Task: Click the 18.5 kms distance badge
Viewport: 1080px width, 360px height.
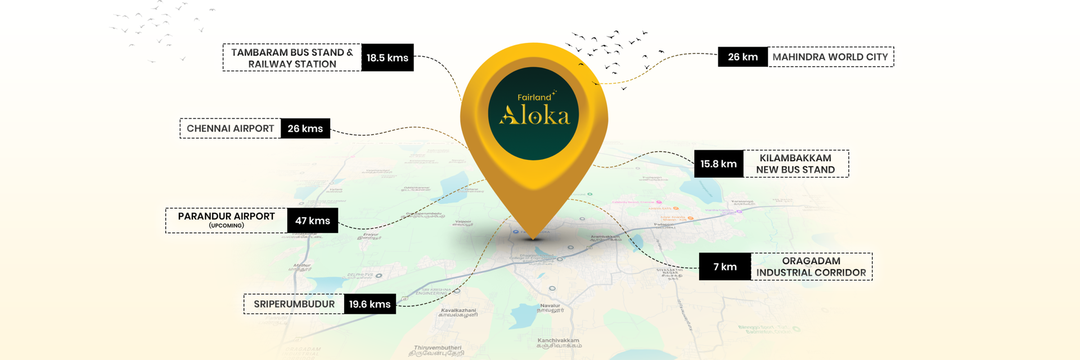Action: (x=387, y=57)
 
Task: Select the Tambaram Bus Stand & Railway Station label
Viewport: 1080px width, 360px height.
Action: (x=292, y=58)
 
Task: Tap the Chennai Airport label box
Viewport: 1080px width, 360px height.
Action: (x=230, y=128)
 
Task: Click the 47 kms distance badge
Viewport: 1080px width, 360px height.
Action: (x=312, y=220)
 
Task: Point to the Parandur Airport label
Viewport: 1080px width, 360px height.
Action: (x=226, y=217)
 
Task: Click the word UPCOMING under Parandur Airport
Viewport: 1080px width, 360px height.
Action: (x=226, y=226)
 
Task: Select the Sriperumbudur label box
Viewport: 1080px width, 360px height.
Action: (x=294, y=304)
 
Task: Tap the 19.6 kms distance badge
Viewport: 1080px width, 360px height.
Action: (x=370, y=304)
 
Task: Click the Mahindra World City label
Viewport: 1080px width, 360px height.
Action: (x=830, y=57)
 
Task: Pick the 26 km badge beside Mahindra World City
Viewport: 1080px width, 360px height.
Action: (x=742, y=57)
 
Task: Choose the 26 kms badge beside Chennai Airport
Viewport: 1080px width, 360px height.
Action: (x=305, y=128)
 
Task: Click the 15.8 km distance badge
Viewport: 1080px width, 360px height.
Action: (x=718, y=164)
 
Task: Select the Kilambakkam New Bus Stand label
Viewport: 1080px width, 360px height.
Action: (x=795, y=164)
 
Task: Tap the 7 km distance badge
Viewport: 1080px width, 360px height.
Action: (x=724, y=267)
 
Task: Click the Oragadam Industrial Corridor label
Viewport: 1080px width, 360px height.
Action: (x=811, y=267)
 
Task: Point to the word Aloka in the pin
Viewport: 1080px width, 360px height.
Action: (x=534, y=115)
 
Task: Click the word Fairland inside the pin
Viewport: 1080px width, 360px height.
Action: (x=534, y=97)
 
